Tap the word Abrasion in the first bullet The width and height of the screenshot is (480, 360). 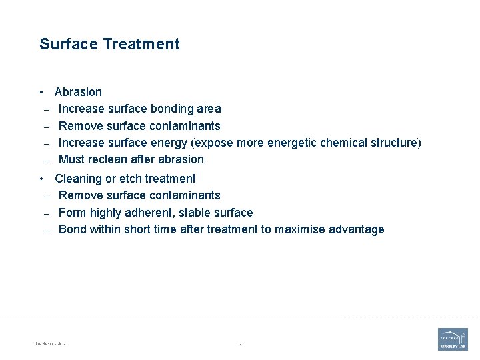click(x=78, y=92)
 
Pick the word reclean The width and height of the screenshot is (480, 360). click(x=111, y=159)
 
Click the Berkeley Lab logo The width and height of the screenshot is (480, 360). click(x=453, y=339)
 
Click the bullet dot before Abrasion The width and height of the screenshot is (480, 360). click(x=41, y=92)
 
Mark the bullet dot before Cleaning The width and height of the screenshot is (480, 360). click(x=41, y=179)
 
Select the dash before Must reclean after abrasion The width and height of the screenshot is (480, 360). click(x=47, y=160)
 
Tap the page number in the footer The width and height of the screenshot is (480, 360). click(x=239, y=344)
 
